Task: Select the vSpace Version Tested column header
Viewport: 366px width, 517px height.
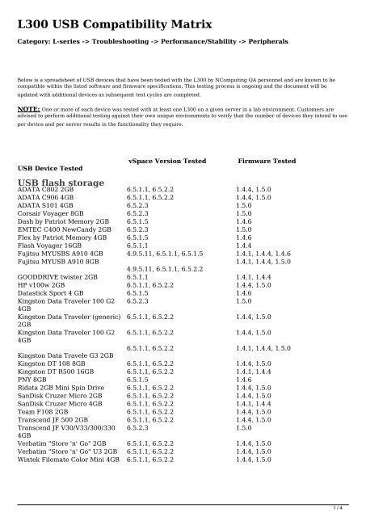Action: (167, 162)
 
